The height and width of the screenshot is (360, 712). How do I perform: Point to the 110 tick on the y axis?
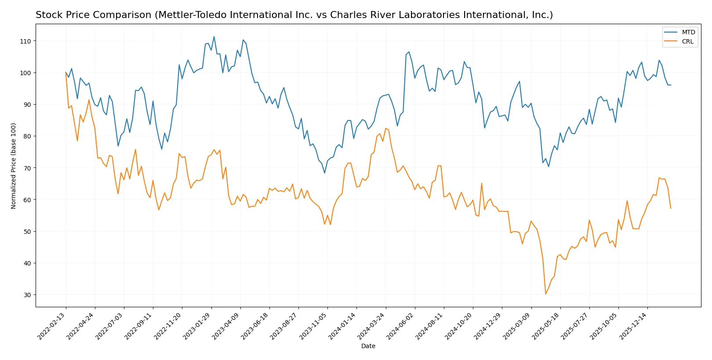pyautogui.click(x=25, y=41)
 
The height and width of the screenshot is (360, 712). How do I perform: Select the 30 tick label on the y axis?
pyautogui.click(x=27, y=295)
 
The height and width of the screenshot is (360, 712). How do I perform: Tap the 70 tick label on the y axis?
pyautogui.click(x=27, y=168)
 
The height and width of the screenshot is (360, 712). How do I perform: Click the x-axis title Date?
pyautogui.click(x=368, y=346)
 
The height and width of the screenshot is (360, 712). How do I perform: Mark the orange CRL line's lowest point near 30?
pyautogui.click(x=545, y=294)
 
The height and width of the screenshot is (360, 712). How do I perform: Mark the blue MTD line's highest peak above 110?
pyautogui.click(x=214, y=36)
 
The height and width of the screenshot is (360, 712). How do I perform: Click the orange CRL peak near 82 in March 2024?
pyautogui.click(x=385, y=128)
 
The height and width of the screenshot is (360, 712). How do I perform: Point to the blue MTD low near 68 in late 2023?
pyautogui.click(x=325, y=173)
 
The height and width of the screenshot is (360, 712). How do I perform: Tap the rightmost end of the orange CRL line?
pyautogui.click(x=671, y=208)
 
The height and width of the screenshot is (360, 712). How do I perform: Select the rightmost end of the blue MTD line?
pyautogui.click(x=671, y=85)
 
